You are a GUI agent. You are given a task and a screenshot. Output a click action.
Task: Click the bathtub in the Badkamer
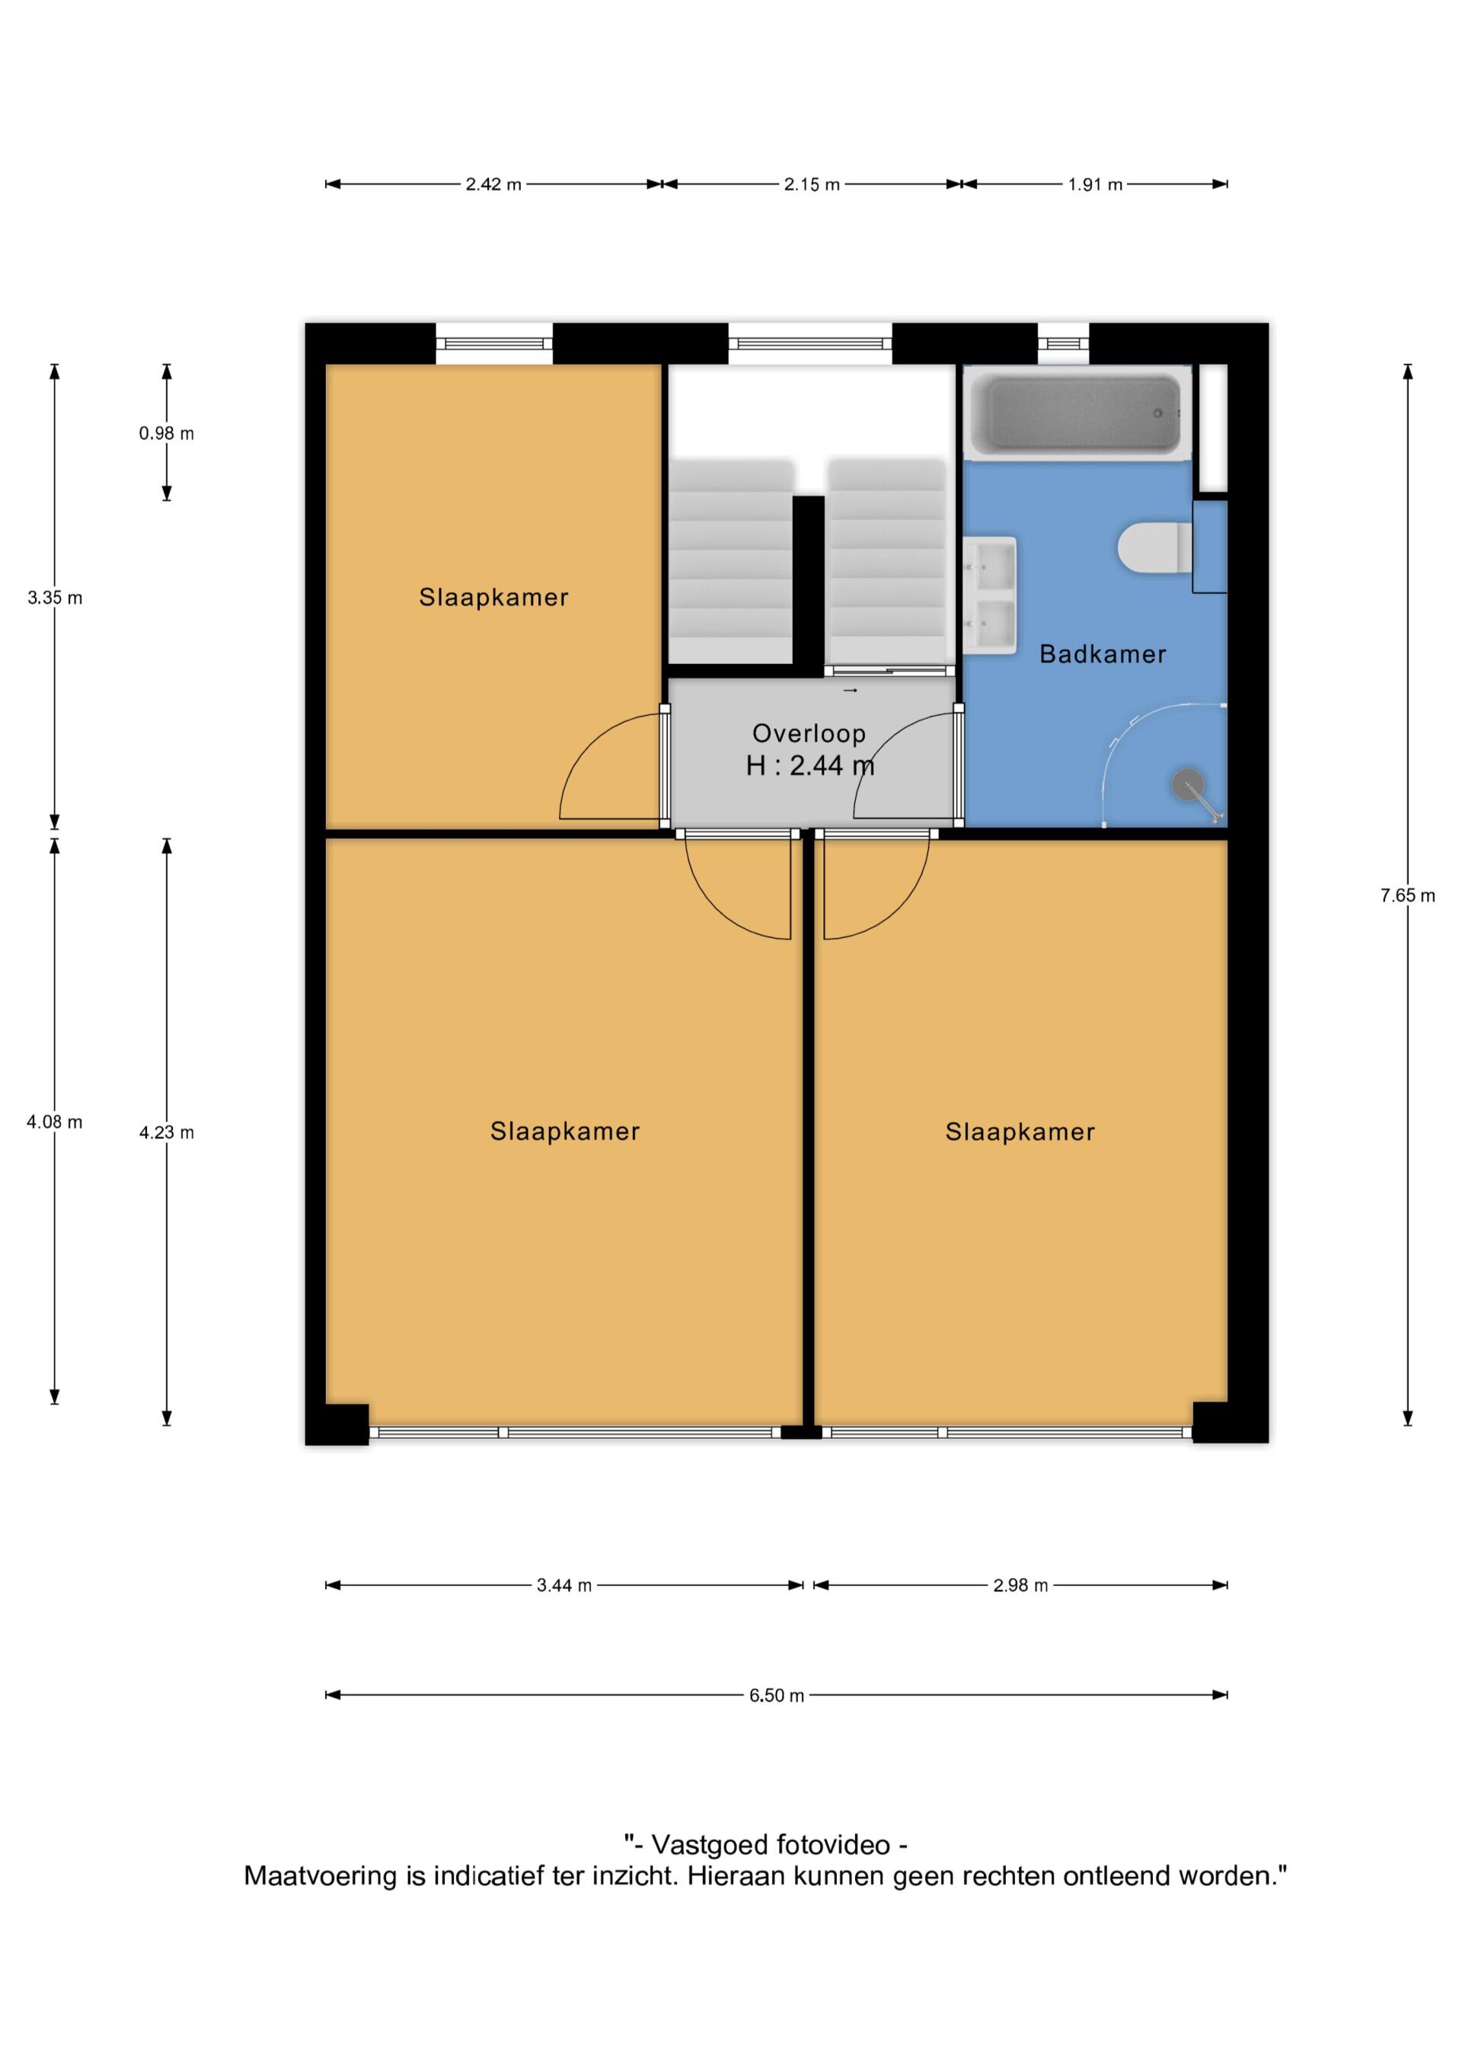[1078, 413]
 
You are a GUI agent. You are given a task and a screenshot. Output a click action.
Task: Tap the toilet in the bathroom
[1155, 548]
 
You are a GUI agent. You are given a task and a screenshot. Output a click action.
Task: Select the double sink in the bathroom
[990, 595]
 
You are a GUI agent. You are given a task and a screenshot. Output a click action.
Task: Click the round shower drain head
[1187, 783]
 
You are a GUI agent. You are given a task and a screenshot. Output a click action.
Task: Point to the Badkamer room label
[1103, 654]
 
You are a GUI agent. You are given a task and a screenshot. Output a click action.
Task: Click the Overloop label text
[809, 734]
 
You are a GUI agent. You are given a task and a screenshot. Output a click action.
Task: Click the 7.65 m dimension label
[1407, 895]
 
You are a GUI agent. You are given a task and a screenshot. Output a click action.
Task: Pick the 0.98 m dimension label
[167, 433]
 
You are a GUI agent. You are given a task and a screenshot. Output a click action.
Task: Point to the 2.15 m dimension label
[812, 184]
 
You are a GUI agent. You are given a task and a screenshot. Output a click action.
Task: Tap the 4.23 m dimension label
[167, 1132]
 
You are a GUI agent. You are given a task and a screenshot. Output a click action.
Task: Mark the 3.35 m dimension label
[55, 597]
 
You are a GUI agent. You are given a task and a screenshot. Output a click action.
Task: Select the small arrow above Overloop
[851, 691]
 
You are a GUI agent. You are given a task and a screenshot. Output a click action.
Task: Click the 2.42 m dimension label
[493, 184]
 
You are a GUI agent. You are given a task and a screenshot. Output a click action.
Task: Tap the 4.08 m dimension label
[55, 1122]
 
